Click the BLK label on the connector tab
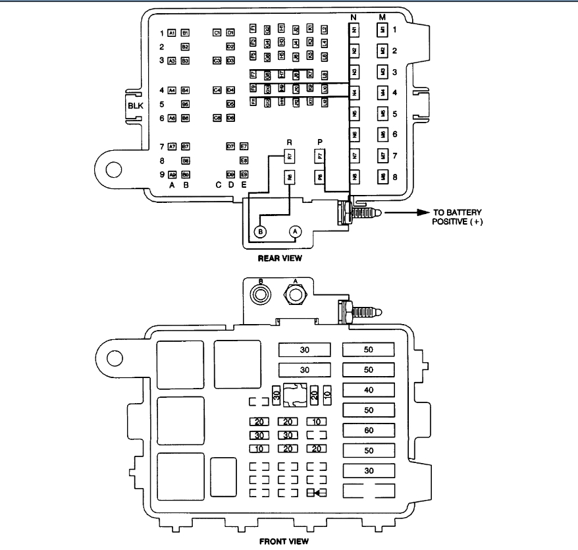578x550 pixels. pos(136,105)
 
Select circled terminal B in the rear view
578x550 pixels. pos(260,232)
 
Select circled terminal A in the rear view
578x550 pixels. pos(296,231)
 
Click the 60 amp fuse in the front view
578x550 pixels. pos(368,431)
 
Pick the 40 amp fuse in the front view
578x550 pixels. pos(368,390)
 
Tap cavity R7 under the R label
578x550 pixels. pos(289,156)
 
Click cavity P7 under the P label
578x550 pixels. pos(320,156)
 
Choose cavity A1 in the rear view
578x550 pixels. pos(172,32)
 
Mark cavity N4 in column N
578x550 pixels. pos(354,92)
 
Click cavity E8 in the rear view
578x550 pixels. pos(244,160)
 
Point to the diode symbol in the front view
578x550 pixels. pos(318,493)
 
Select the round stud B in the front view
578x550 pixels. pos(261,294)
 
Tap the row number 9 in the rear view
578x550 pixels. pos(161,175)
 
